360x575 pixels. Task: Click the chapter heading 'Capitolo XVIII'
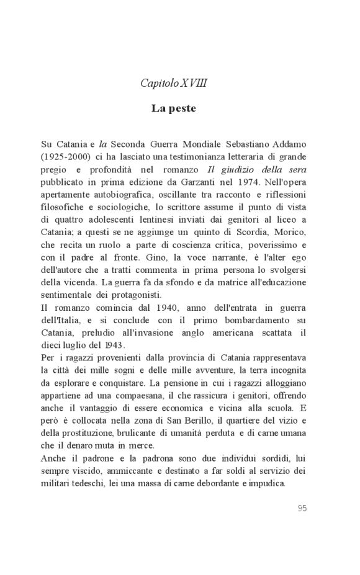click(x=174, y=82)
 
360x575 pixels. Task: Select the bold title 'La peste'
click(x=174, y=109)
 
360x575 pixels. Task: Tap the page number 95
click(x=302, y=508)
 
